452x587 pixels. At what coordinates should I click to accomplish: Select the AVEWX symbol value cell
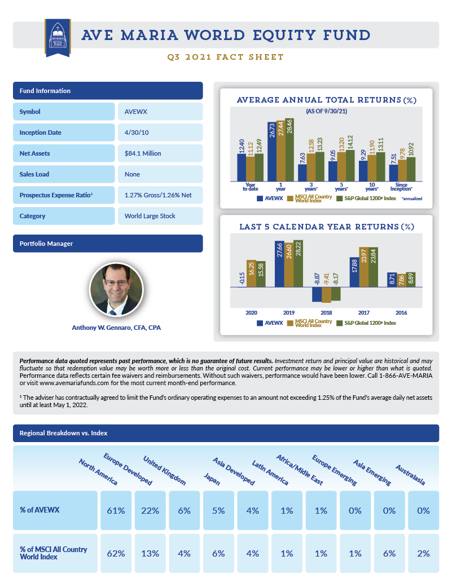point(160,112)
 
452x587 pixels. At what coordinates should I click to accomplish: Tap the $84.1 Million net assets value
point(160,153)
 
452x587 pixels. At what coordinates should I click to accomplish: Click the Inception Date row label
point(64,133)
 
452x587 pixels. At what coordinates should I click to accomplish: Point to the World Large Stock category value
point(160,216)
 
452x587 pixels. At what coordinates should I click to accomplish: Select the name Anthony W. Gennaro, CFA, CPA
point(116,328)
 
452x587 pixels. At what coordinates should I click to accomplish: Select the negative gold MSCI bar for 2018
point(326,295)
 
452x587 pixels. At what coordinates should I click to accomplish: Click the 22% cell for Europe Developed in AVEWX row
point(150,510)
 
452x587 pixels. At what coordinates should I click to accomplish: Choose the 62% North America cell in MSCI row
point(116,553)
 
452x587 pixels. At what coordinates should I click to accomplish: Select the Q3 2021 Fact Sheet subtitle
point(226,57)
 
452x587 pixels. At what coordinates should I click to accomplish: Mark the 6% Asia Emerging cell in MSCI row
point(389,553)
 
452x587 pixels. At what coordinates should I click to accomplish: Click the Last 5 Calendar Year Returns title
point(326,227)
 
